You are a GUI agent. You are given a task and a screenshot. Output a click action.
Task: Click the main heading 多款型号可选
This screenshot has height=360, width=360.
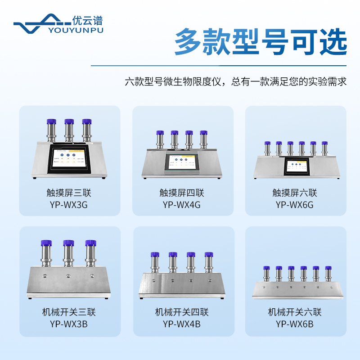point(261,42)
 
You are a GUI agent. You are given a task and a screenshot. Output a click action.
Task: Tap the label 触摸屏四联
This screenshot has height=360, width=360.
point(182,193)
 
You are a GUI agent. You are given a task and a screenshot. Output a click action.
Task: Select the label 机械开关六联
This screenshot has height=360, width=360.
point(295,312)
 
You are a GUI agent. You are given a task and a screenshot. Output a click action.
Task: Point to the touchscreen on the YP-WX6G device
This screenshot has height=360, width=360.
point(296,167)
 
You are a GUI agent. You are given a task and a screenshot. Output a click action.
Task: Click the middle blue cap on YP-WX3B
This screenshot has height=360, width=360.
point(69,243)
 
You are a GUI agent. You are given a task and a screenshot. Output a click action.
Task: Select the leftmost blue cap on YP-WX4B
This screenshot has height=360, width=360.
point(155,255)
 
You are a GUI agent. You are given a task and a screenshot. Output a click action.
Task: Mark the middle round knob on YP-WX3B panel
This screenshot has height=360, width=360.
point(69,275)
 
